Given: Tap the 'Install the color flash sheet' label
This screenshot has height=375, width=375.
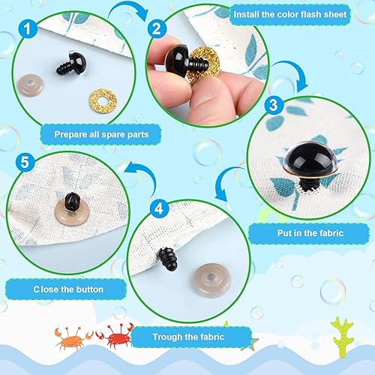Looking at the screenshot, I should [x=301, y=13].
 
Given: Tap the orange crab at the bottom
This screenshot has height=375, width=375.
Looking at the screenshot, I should [x=69, y=335].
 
